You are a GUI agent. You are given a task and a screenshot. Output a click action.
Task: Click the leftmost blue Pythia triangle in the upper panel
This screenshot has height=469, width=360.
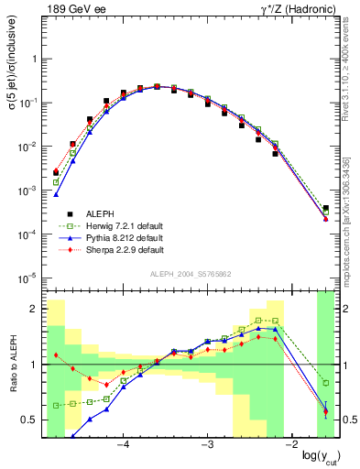[x=56, y=194]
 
